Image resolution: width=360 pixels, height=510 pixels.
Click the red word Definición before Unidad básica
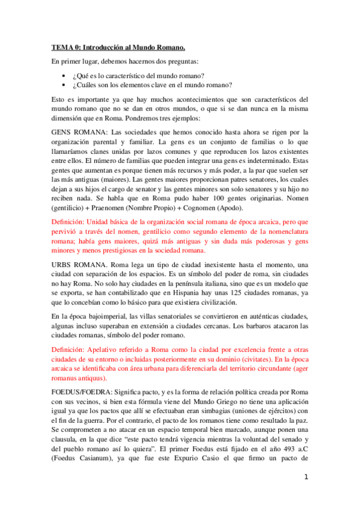69,223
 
